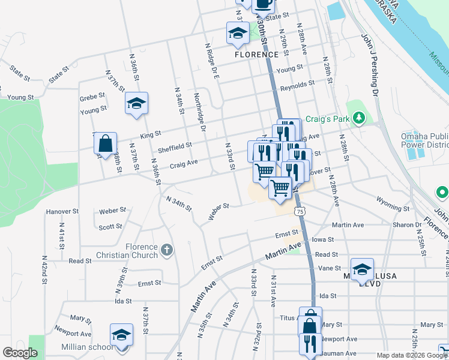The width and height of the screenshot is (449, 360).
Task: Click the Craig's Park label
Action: [x=327, y=119]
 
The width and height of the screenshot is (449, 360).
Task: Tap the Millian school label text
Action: [x=86, y=347]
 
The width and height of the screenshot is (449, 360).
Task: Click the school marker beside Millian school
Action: [x=121, y=335]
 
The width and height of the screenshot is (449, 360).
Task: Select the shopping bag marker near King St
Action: [x=105, y=144]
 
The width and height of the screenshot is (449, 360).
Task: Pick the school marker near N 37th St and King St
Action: [x=136, y=104]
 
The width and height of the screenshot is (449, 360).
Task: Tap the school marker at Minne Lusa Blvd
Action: [x=363, y=269]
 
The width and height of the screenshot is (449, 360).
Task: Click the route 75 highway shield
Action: [x=300, y=211]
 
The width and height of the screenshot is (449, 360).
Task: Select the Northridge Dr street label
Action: [x=200, y=112]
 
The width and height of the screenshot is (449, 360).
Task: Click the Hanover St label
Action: [x=62, y=211]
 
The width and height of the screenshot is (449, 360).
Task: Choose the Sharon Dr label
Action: [x=407, y=225]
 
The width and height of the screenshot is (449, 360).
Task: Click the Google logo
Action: [x=20, y=353]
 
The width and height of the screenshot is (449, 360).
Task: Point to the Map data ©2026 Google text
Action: [x=411, y=355]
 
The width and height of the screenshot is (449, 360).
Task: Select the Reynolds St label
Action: [x=298, y=85]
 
